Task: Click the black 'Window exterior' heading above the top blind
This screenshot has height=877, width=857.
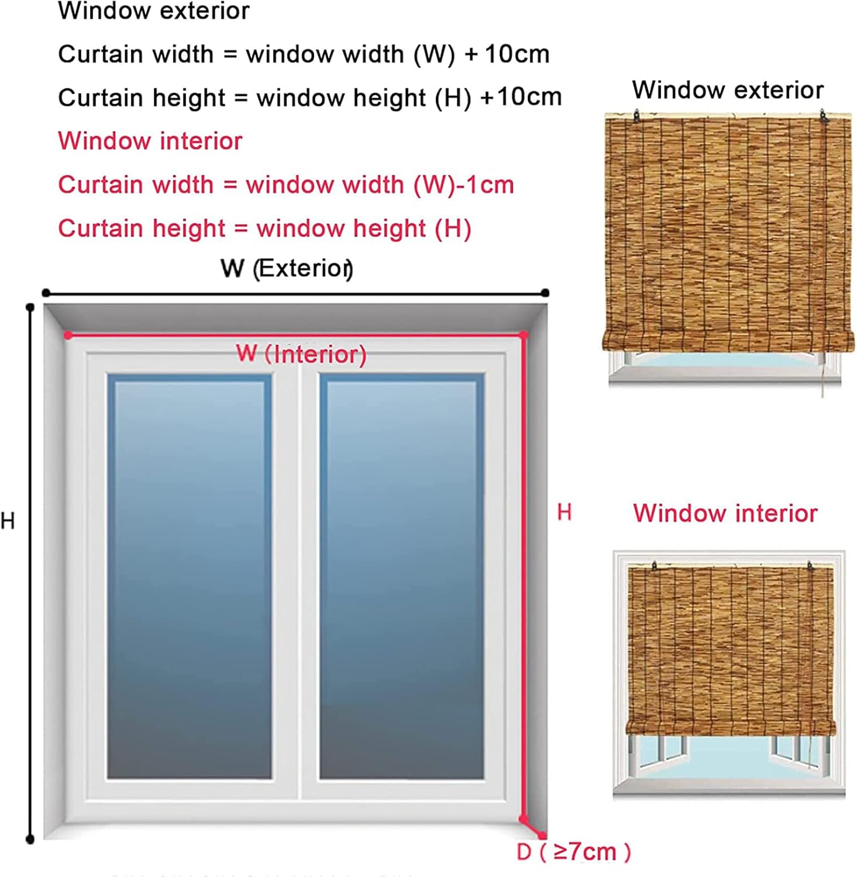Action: click(727, 90)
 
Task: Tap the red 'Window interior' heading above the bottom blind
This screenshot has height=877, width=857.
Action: click(725, 513)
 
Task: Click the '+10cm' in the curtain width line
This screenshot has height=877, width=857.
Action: click(507, 54)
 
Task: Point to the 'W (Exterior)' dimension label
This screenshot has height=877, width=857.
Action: click(287, 268)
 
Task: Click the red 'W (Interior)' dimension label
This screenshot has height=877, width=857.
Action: click(301, 354)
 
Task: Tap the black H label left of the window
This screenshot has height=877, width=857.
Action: click(8, 520)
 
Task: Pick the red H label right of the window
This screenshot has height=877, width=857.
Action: click(564, 512)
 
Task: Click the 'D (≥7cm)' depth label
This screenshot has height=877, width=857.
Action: click(573, 851)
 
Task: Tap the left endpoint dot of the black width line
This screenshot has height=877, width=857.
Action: click(46, 293)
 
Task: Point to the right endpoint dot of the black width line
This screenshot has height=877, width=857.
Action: click(545, 293)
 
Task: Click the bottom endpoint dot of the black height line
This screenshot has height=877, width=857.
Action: click(30, 840)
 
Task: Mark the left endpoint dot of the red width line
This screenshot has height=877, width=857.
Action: click(68, 335)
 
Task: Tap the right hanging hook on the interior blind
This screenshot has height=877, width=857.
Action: click(811, 567)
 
